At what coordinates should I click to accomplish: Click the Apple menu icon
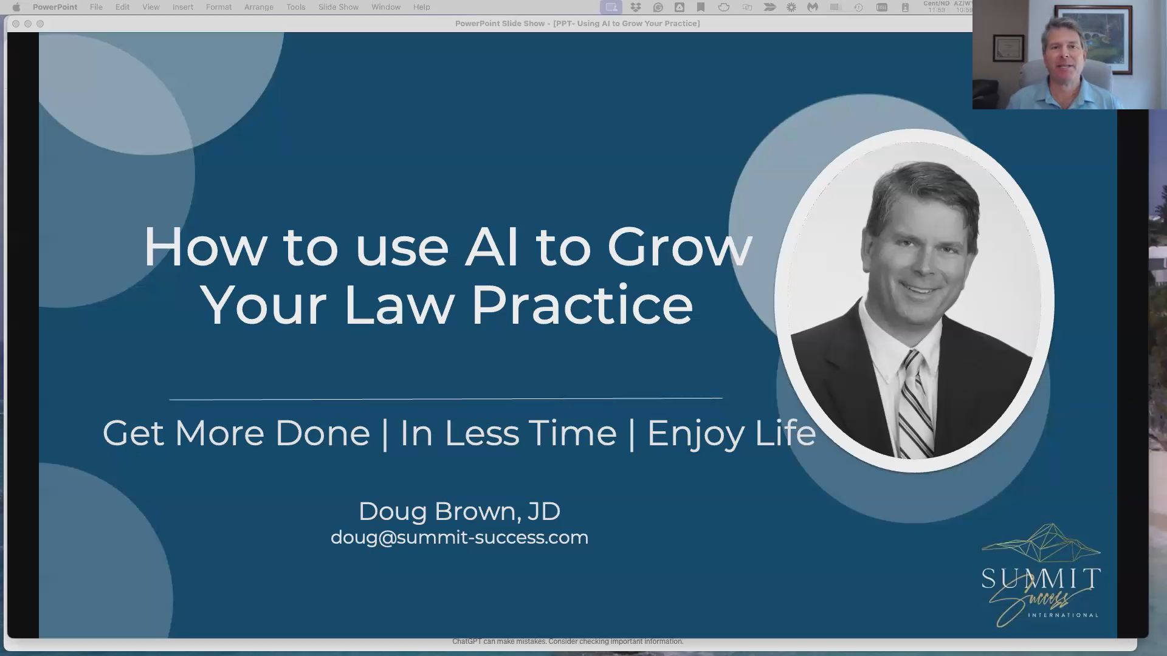[16, 7]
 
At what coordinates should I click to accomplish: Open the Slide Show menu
[339, 7]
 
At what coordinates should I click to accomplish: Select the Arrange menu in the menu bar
[258, 7]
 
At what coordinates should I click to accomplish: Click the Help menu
[421, 7]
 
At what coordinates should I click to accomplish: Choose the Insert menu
[182, 7]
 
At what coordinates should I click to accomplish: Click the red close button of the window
[16, 24]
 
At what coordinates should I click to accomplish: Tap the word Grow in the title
[680, 247]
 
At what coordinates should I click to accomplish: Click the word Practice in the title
[582, 305]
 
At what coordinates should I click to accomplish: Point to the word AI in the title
[492, 247]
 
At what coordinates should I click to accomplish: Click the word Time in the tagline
[572, 434]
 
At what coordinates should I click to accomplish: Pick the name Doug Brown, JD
[459, 511]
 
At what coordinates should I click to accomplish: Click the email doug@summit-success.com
[459, 538]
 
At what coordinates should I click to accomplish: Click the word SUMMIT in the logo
[1041, 578]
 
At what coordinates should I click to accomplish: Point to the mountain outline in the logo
[1041, 543]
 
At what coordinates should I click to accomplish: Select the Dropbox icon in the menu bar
[636, 7]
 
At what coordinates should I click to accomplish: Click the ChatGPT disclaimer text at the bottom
[568, 641]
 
